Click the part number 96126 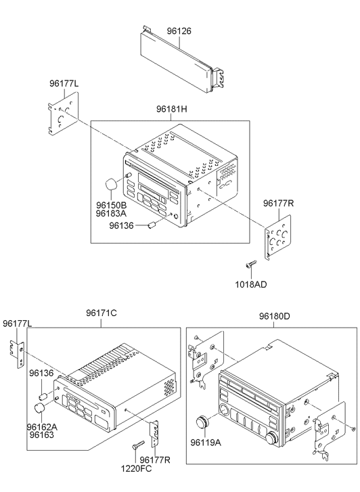pyautogui.click(x=179, y=31)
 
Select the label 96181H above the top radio pyautogui.click(x=172, y=109)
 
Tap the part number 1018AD pyautogui.click(x=251, y=285)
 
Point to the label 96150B pyautogui.click(x=111, y=205)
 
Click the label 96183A pyautogui.click(x=111, y=213)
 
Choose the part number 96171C pyautogui.click(x=102, y=313)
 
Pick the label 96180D pyautogui.click(x=275, y=316)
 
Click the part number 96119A pyautogui.click(x=206, y=443)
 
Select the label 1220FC pyautogui.click(x=136, y=468)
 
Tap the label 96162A pyautogui.click(x=42, y=427)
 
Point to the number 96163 pyautogui.click(x=42, y=435)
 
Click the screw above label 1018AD pyautogui.click(x=251, y=264)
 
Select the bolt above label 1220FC pyautogui.click(x=138, y=445)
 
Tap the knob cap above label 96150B pyautogui.click(x=110, y=184)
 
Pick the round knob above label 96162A pyautogui.click(x=39, y=409)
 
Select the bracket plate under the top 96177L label pyautogui.click(x=64, y=113)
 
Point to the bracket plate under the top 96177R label pyautogui.click(x=277, y=237)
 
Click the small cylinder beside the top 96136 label pyautogui.click(x=152, y=225)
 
